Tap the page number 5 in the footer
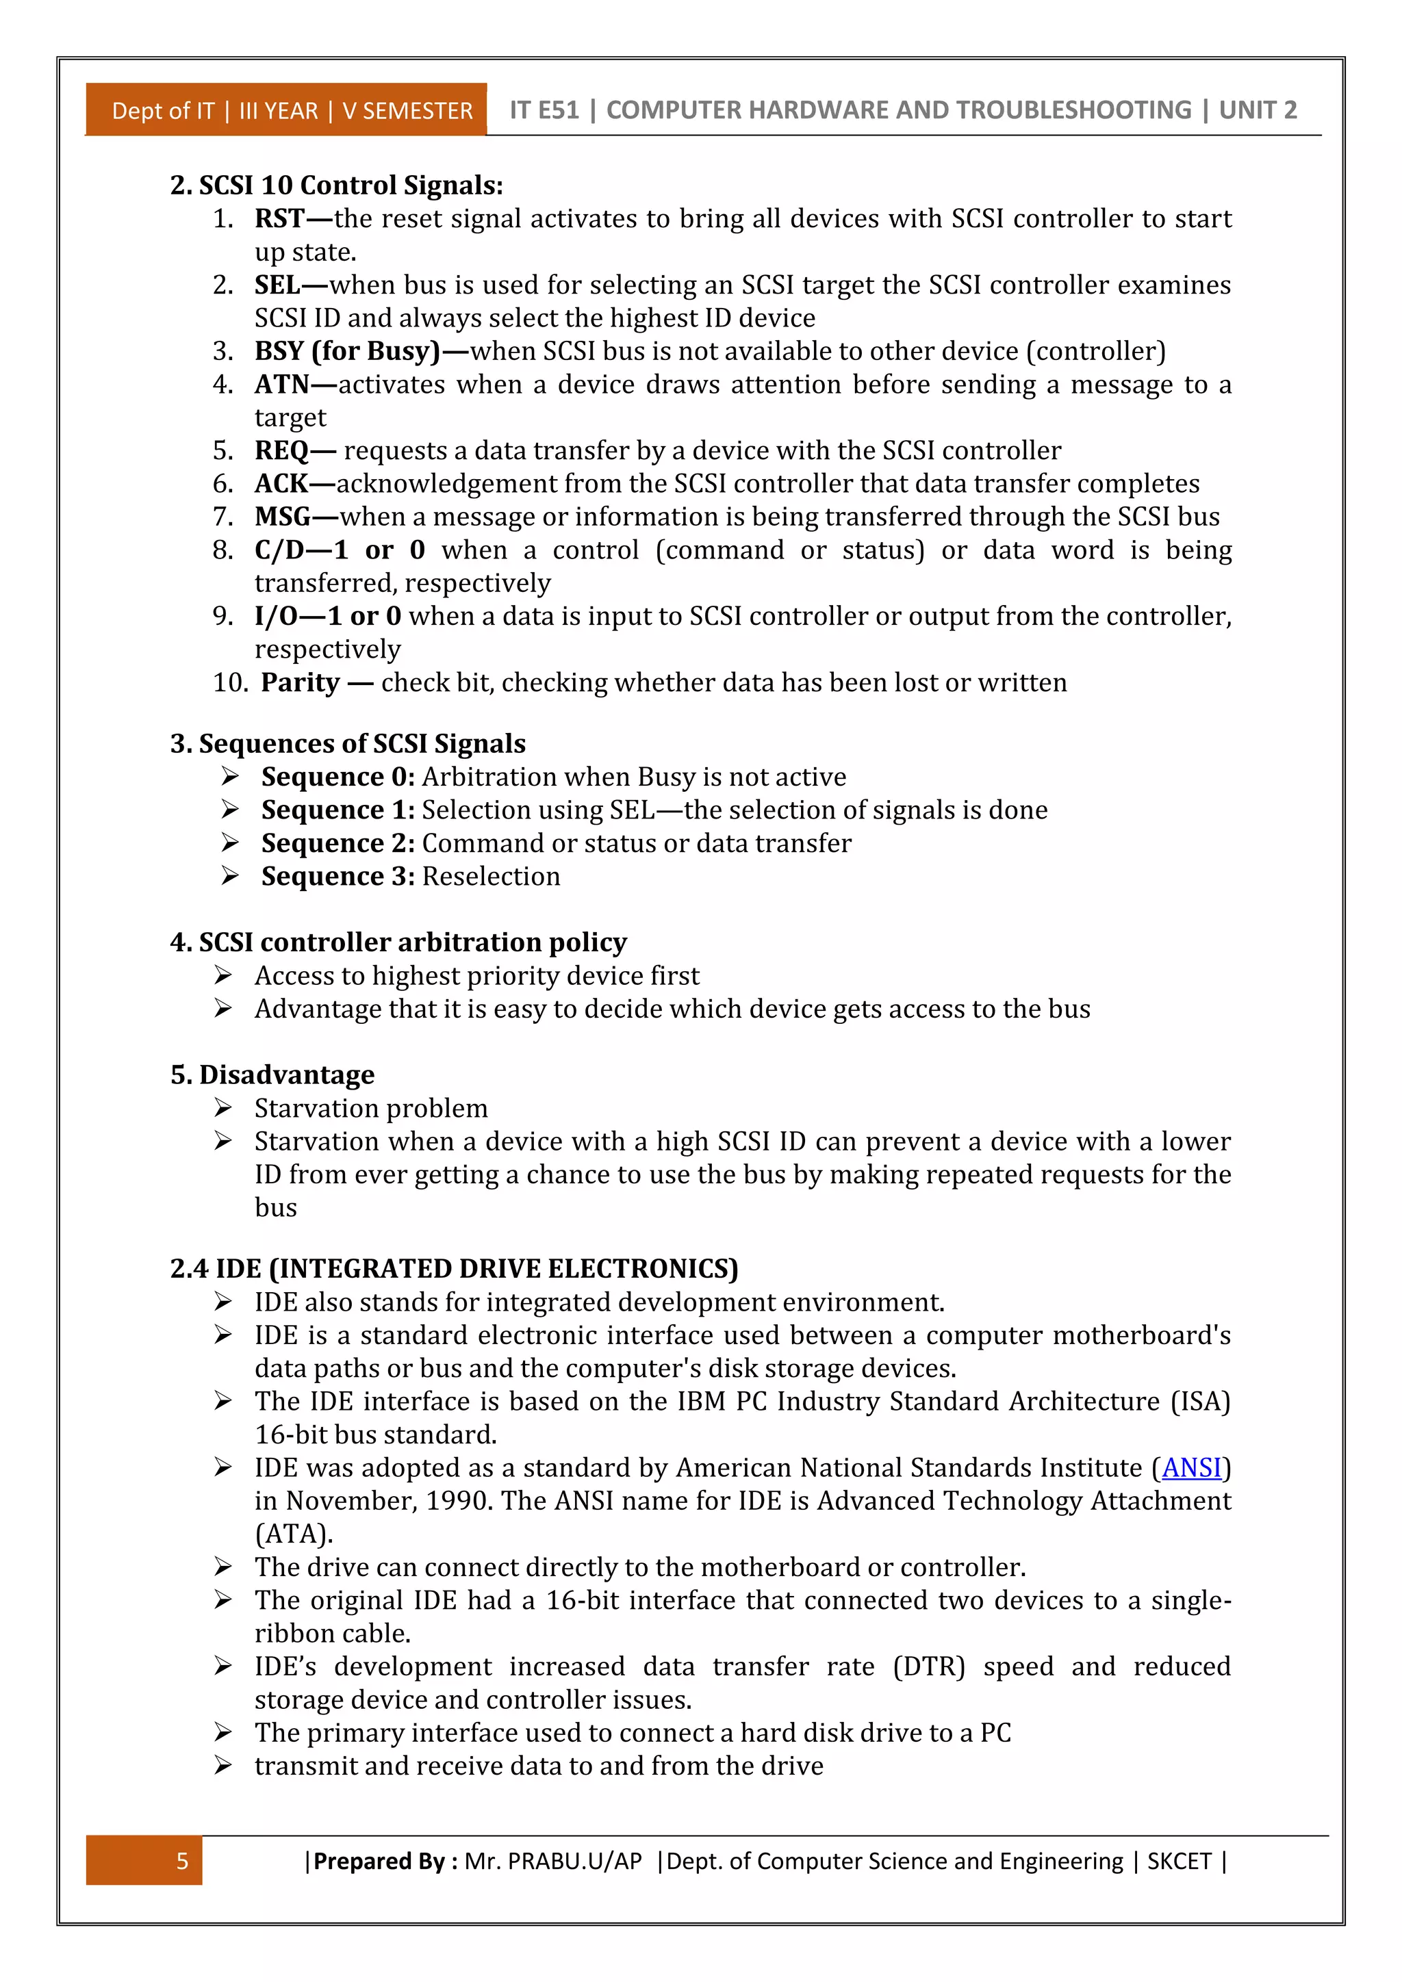point(182,1861)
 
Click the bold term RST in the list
point(279,219)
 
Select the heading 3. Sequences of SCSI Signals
point(348,744)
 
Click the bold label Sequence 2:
point(337,843)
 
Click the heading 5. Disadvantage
point(273,1074)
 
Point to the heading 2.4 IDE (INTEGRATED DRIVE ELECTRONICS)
point(454,1269)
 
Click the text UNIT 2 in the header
point(1257,110)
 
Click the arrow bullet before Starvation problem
point(224,1107)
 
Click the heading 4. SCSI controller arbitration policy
point(399,942)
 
